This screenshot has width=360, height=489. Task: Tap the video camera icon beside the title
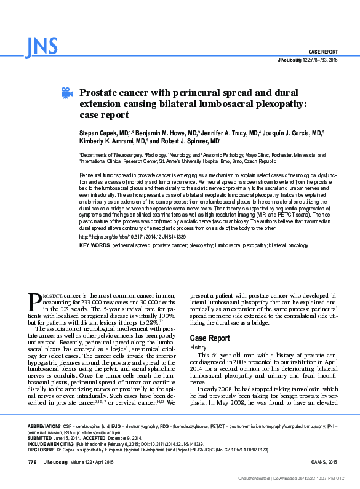(66, 93)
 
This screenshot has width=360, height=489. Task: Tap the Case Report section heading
(210, 339)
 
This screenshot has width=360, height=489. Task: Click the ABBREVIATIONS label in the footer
(49, 426)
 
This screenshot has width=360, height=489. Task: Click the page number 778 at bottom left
(33, 461)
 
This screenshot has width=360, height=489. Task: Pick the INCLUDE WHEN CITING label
(52, 443)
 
